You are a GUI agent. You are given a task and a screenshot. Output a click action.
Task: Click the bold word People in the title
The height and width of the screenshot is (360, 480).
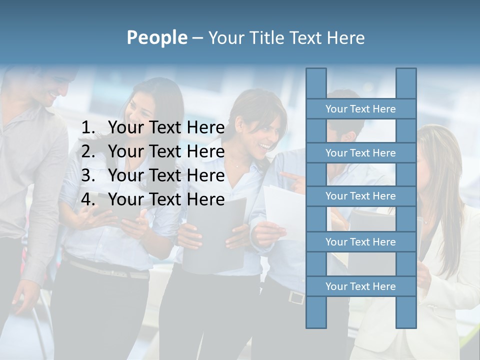pos(156,38)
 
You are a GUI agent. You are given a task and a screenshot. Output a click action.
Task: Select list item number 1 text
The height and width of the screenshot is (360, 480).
pos(166,128)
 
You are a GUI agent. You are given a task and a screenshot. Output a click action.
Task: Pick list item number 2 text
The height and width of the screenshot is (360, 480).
pos(166,151)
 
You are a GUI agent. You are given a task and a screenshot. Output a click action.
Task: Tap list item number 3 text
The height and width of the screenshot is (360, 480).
pos(166,175)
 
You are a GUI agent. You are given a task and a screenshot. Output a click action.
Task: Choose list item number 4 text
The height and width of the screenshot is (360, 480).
pos(166,199)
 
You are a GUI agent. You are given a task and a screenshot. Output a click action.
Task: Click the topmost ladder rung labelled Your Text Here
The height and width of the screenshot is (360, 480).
pos(360,109)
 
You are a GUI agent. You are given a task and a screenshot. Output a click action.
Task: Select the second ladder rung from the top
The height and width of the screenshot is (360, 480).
pos(360,153)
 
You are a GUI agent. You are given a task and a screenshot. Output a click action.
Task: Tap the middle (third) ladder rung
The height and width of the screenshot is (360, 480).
pos(360,196)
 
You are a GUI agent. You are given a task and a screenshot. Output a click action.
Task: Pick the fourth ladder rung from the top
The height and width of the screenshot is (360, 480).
pos(360,242)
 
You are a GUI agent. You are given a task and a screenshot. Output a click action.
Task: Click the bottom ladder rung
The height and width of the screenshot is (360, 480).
pos(360,286)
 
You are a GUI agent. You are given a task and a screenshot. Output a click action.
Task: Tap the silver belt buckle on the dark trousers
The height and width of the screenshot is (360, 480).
pos(296,298)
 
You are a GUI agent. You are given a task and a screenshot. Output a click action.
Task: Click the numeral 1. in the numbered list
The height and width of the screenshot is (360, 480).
pos(88,128)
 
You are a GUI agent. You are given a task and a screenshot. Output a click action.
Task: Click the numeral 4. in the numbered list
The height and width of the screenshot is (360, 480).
pos(88,199)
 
